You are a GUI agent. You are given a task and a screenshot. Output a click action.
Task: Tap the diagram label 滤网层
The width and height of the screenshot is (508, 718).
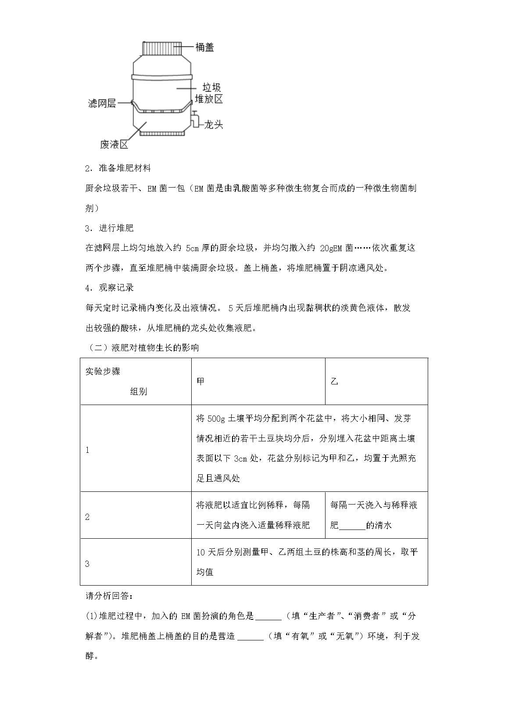(101, 103)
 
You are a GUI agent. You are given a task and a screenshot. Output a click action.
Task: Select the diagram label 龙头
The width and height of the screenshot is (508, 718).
(214, 124)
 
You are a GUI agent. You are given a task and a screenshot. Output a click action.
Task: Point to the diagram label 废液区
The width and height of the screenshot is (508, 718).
(114, 144)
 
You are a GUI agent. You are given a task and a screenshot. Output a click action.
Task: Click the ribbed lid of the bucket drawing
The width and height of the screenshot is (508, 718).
(162, 48)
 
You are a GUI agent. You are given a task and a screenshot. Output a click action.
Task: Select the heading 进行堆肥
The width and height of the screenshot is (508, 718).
(116, 228)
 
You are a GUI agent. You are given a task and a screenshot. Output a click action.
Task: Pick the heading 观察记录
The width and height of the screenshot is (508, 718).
(116, 288)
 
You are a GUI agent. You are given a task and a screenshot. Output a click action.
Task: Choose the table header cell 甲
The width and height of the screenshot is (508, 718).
(200, 381)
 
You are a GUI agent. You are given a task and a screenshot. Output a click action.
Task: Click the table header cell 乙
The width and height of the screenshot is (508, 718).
(334, 381)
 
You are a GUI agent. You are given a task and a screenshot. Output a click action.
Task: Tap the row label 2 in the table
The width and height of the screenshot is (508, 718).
(87, 517)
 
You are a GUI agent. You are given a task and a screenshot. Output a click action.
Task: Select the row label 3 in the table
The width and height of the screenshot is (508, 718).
(87, 564)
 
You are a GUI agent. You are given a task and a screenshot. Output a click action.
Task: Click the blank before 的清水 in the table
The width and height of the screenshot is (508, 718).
(352, 526)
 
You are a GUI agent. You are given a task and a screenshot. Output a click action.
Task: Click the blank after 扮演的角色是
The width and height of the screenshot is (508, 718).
(268, 617)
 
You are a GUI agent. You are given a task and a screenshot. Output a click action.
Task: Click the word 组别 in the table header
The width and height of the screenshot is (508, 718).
(139, 391)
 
